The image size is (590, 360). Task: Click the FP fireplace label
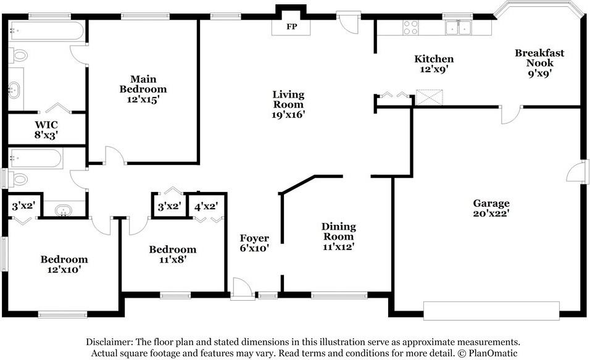292,27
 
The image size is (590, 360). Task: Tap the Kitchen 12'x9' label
434,64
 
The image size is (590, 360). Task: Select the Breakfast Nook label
539,63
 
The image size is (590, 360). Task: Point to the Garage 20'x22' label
491,208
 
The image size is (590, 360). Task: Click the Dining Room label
338,237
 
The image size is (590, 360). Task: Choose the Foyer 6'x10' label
254,243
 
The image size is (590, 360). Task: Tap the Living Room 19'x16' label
288,104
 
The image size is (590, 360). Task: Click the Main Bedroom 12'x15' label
143,90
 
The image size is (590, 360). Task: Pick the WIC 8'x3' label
46,130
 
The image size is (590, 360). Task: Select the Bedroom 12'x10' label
64,264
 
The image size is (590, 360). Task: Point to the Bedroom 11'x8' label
172,254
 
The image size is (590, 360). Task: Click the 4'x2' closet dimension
206,206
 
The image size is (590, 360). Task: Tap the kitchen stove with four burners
410,28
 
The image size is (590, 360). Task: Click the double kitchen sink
459,28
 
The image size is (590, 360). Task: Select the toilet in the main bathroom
18,56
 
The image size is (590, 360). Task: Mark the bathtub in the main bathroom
46,30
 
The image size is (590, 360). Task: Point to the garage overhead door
491,311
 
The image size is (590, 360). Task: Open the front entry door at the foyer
243,289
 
